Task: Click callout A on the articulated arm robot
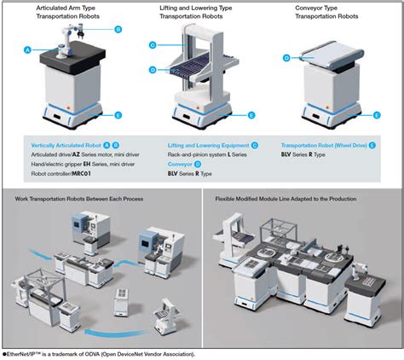(x=28, y=50)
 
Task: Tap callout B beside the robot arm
(x=118, y=29)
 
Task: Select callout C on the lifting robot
(x=153, y=44)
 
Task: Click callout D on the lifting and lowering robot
(x=153, y=69)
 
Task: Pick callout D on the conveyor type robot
(x=286, y=58)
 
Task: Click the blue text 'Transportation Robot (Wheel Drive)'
(x=323, y=145)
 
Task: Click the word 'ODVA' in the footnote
(x=86, y=353)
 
